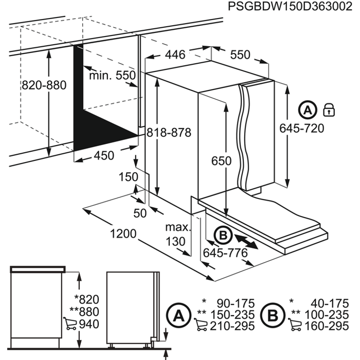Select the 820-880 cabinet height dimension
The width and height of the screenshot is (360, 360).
(x=44, y=85)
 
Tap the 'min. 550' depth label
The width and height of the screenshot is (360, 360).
(x=111, y=75)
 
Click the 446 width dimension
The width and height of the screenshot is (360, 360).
(x=174, y=54)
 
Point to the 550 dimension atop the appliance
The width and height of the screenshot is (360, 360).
(x=240, y=54)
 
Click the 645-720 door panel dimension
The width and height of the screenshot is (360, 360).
(x=301, y=128)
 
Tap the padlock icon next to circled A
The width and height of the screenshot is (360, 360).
(x=329, y=109)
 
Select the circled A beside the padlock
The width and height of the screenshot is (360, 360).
(x=307, y=110)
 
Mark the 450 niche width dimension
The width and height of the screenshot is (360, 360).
(x=103, y=155)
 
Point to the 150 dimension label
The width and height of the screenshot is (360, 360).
(x=129, y=177)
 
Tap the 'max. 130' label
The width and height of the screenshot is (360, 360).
(x=175, y=234)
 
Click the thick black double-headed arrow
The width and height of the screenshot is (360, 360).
(x=245, y=241)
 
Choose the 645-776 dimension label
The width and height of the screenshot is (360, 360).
(x=225, y=253)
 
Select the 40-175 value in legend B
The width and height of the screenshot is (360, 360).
(x=329, y=303)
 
